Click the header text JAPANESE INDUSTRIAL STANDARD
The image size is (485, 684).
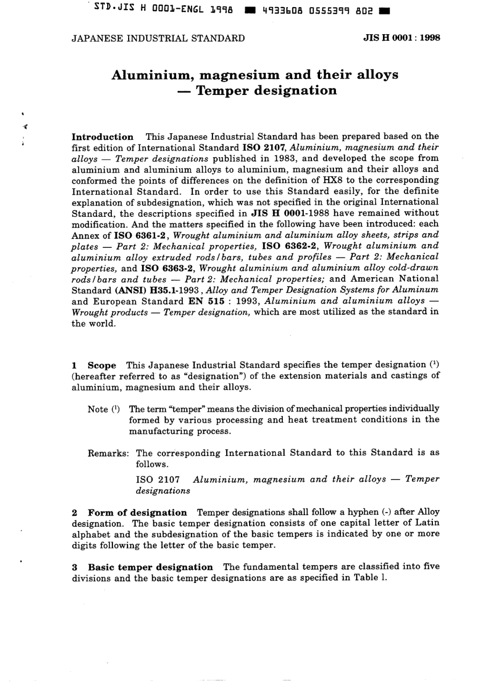(158, 38)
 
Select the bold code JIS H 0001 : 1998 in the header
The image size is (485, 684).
(401, 38)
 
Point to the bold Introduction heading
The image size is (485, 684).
(102, 137)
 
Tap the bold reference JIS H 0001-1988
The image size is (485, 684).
(291, 213)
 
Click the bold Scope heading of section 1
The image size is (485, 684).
(102, 365)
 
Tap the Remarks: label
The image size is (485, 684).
(108, 453)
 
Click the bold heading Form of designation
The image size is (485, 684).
(137, 513)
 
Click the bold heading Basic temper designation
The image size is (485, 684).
(150, 567)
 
